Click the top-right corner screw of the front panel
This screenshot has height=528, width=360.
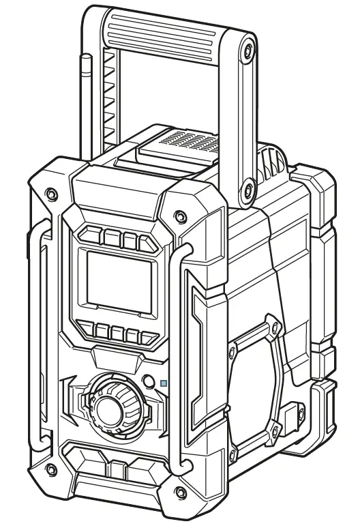coord(179,217)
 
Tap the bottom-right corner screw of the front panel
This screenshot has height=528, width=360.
coord(179,492)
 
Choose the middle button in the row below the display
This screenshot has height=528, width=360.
coord(117,334)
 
